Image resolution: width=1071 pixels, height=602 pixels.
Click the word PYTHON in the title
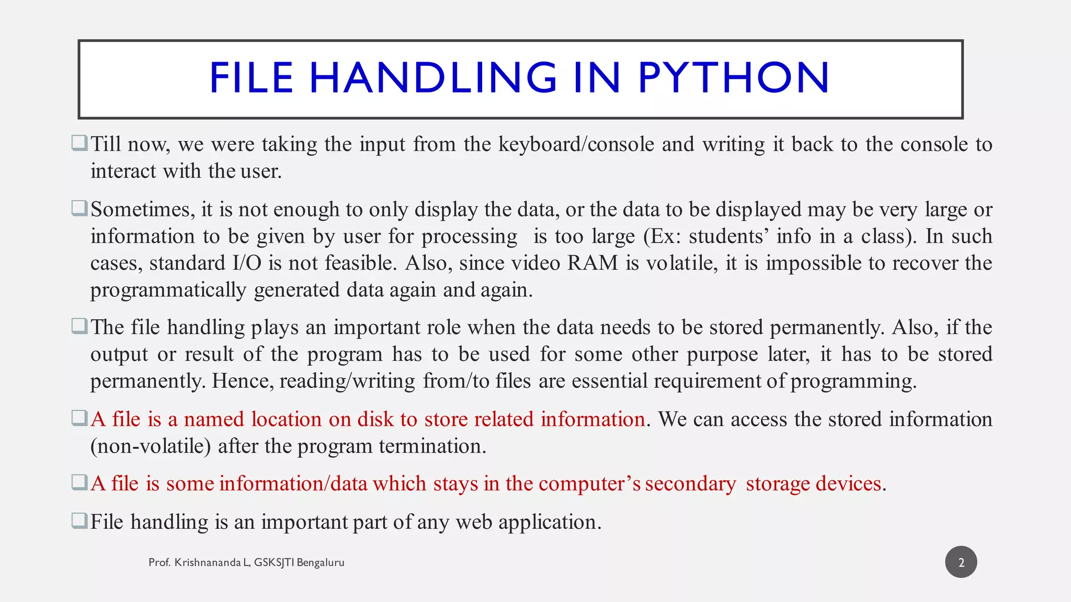733,78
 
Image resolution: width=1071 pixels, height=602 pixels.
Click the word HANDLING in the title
433,78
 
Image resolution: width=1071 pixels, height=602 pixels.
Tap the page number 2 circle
961,562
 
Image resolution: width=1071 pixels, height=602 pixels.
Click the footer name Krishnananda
208,563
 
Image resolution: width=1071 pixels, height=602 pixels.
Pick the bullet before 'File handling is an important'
79,520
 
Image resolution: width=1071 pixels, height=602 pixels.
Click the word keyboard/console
576,145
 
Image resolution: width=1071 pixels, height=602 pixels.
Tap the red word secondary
691,484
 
